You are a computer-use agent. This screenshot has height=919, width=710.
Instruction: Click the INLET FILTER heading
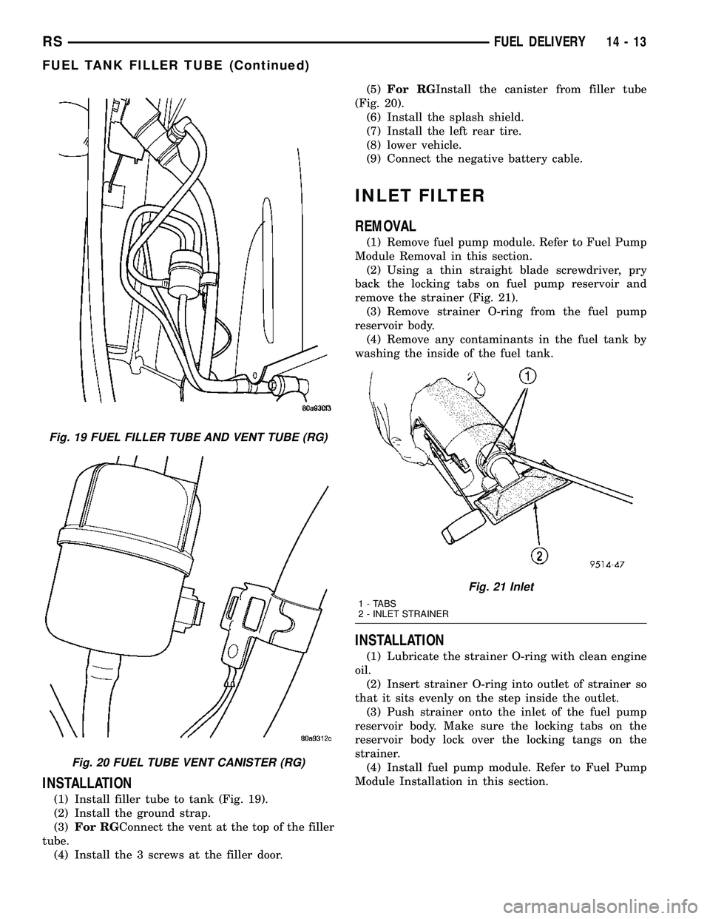(x=420, y=196)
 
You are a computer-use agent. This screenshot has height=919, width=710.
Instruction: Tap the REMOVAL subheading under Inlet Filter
(x=385, y=226)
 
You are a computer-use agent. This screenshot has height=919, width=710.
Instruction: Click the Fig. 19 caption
(x=179, y=437)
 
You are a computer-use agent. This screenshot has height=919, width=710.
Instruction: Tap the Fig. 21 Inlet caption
(x=501, y=586)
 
